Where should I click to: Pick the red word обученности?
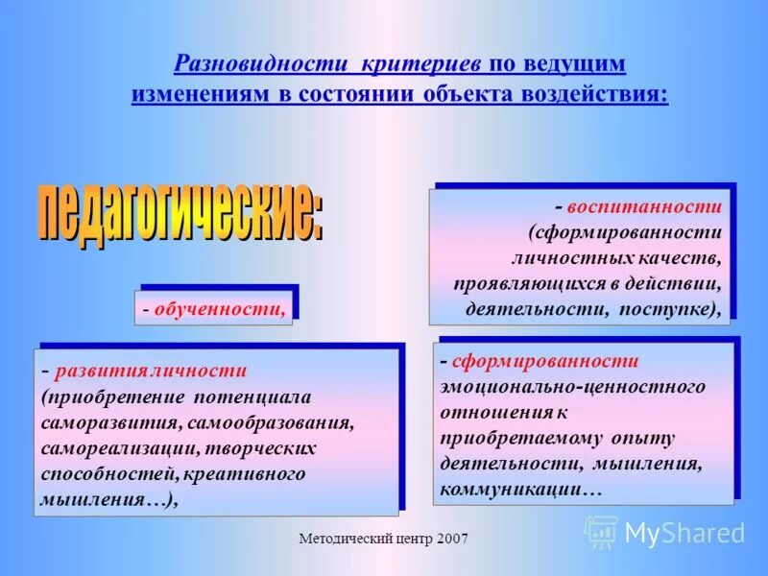221,309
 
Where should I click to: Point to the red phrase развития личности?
152,371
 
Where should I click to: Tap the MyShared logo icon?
602,531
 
